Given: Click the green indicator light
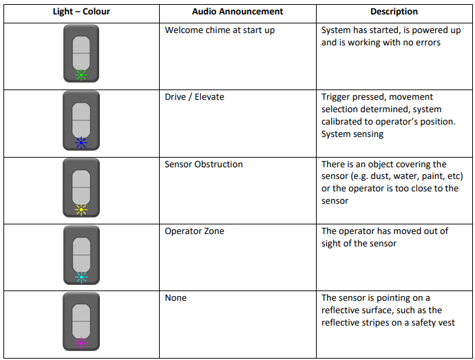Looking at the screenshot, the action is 81,75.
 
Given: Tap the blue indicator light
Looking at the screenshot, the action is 81,142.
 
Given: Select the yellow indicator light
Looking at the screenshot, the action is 81,210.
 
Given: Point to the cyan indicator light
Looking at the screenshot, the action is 81,277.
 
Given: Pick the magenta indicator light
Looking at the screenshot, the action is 81,343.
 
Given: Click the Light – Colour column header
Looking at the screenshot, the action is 81,12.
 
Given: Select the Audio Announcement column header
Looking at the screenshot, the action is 237,12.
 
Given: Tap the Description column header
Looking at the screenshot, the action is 394,12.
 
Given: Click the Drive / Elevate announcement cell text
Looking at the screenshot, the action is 195,97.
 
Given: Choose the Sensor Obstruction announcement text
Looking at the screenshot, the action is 204,165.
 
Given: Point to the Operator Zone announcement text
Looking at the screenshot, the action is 195,231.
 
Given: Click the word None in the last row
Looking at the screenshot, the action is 176,298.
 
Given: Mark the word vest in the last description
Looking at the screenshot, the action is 447,323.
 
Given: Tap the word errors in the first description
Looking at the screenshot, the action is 428,43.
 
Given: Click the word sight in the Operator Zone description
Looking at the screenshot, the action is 332,244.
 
